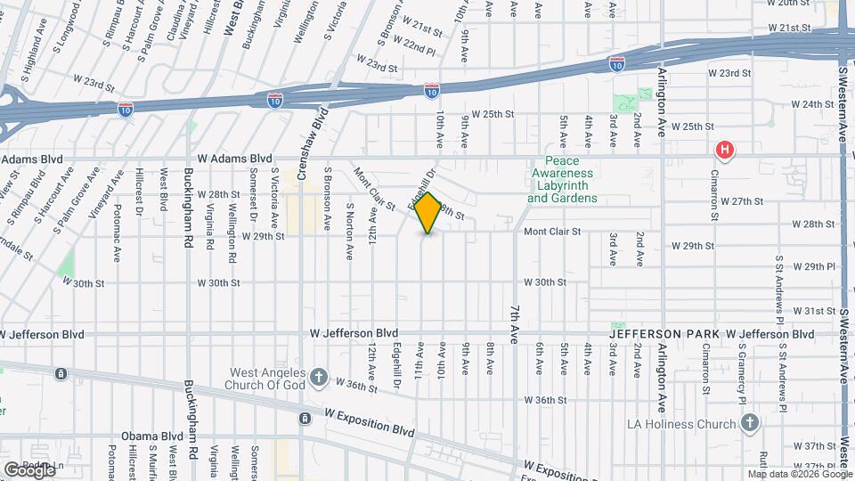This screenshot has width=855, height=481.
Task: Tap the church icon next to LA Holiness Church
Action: point(749,422)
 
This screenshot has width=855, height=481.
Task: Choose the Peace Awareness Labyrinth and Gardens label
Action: point(561,180)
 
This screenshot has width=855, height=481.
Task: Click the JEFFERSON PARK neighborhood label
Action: point(664,334)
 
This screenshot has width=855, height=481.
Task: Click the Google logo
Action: point(29,469)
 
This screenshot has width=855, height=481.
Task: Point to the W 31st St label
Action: point(811,310)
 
